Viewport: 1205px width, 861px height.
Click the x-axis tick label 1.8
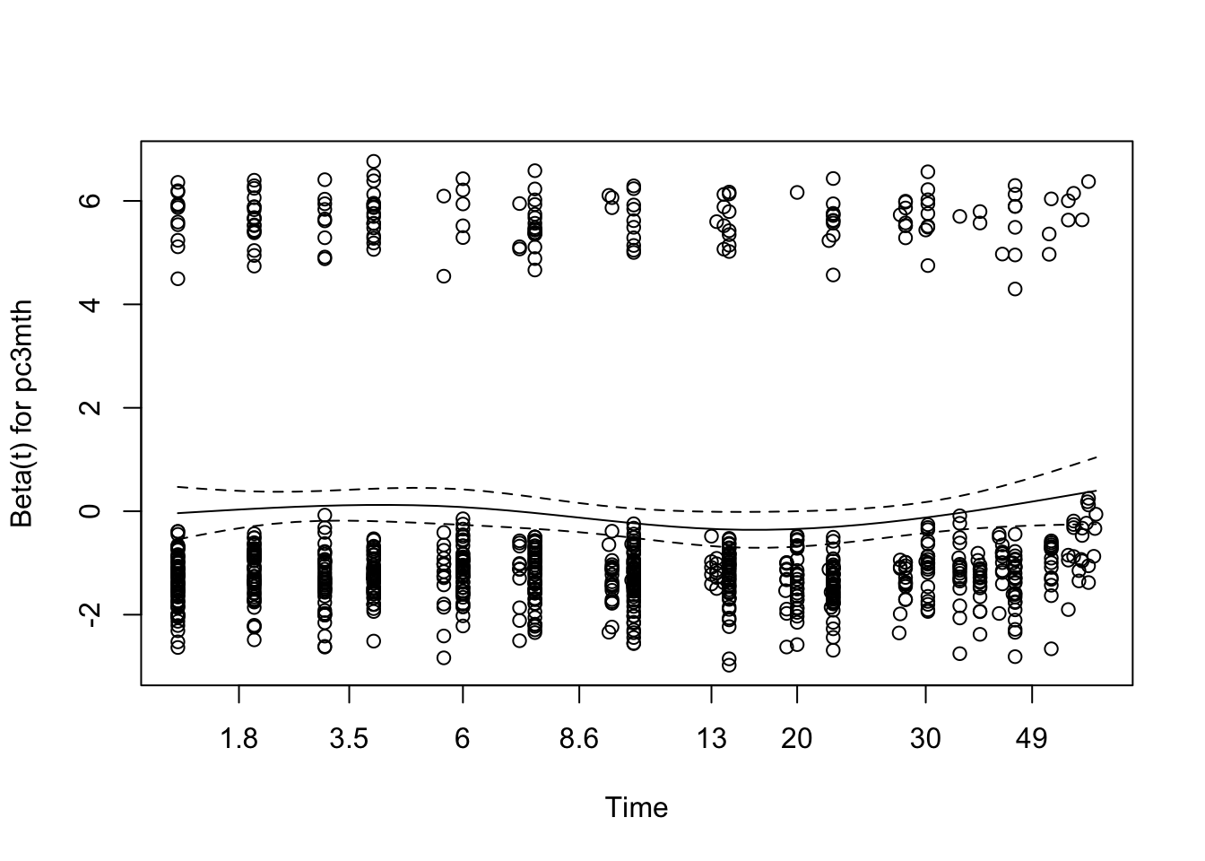coord(239,738)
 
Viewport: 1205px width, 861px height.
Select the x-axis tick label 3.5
coord(349,738)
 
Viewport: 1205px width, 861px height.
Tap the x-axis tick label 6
coord(463,738)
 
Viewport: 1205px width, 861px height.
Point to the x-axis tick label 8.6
coord(579,738)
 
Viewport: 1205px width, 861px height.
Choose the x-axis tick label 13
coord(711,738)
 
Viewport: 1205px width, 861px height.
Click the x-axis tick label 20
coord(796,738)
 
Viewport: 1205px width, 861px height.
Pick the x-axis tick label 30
coord(925,738)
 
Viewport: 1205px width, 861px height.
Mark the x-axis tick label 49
coord(1032,738)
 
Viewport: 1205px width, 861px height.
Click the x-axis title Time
coord(637,807)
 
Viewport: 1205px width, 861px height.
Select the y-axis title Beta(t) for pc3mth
coord(22,414)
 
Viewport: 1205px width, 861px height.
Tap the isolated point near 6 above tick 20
coord(797,192)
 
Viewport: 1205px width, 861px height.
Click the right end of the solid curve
coord(1096,491)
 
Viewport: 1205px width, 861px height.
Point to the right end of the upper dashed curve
coord(1096,457)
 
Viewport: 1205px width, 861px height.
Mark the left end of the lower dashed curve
coord(178,537)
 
